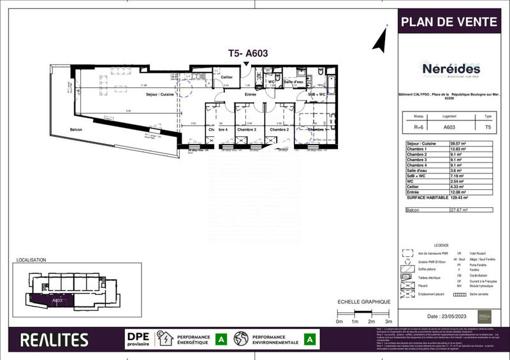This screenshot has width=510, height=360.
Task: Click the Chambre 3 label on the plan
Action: pyautogui.click(x=246, y=130)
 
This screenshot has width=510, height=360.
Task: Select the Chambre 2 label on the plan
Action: pyautogui.click(x=279, y=130)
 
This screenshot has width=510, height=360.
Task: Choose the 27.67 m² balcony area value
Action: pyautogui.click(x=460, y=210)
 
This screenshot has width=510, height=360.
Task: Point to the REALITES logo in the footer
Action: pyautogui.click(x=54, y=339)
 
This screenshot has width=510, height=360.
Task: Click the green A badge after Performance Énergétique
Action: pyautogui.click(x=221, y=339)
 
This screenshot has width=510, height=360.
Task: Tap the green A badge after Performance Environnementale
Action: pyautogui.click(x=310, y=339)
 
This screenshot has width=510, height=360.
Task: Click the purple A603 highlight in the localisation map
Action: pyautogui.click(x=48, y=298)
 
